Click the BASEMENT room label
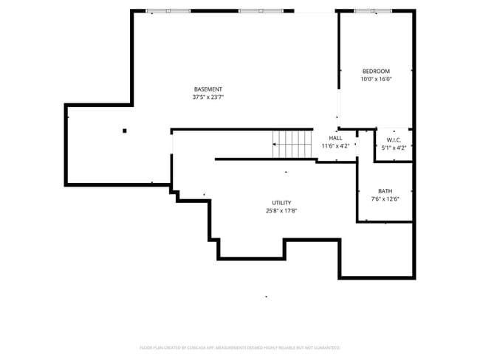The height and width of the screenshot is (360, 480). coord(208,89)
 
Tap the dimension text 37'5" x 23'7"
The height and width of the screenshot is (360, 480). coord(208,97)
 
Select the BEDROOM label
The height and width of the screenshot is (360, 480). coord(376,72)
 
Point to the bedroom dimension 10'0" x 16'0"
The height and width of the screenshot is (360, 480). coord(376,80)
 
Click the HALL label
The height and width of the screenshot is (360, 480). coord(335,138)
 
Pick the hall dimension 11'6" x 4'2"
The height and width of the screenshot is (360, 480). coord(335,146)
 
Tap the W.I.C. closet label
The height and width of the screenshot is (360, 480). coord(394,140)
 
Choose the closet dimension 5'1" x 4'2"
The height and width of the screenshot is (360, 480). coord(394,148)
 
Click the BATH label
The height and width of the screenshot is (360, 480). coord(385,191)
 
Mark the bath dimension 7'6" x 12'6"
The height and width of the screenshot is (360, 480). coord(385,199)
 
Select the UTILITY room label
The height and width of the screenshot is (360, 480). coord(281,203)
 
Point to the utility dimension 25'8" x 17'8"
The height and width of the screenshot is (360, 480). coord(281,211)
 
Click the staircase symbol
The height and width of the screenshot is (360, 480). coord(293,144)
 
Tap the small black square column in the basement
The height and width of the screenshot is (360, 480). coord(125,131)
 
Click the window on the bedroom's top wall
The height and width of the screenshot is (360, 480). coord(373,11)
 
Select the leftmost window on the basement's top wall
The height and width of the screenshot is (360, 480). coord(168,11)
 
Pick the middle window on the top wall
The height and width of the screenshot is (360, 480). coord(260,11)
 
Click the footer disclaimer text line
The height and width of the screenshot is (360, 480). coord(239,347)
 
